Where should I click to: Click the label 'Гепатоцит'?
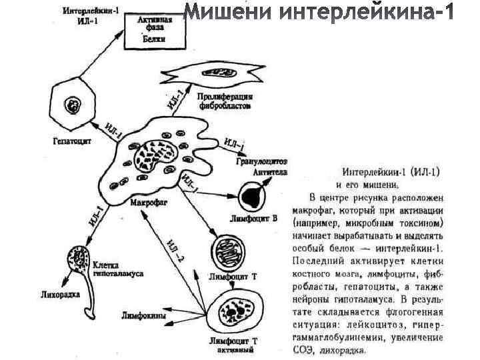pyautogui.click(x=72, y=141)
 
